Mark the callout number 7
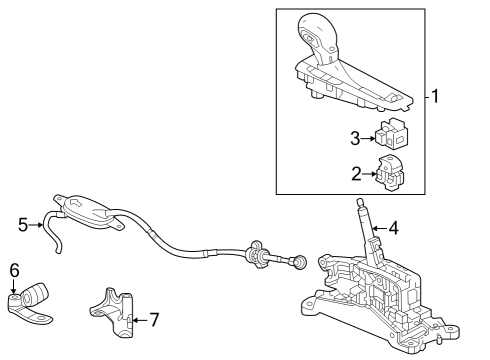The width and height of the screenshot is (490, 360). click(x=153, y=319)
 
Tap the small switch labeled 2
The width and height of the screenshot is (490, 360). click(x=390, y=172)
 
